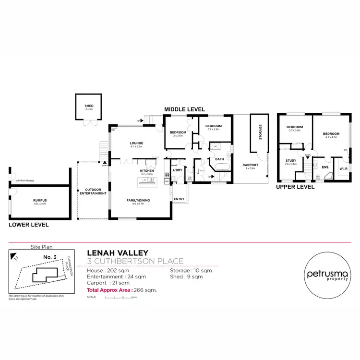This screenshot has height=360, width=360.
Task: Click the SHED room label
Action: tap(89, 107)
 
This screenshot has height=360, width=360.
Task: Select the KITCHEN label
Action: tap(146, 171)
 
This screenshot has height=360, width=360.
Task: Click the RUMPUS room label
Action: tap(39, 201)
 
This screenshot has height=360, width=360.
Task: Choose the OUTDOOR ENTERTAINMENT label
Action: tap(93, 192)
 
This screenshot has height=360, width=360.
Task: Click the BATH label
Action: tap(219, 159)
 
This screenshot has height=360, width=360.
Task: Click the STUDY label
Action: tap(291, 161)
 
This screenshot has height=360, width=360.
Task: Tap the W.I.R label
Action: tap(343, 168)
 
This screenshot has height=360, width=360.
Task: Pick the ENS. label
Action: tap(325, 168)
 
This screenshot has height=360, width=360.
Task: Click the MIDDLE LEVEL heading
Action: tap(184, 110)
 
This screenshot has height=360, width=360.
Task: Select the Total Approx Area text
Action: tap(121, 290)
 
